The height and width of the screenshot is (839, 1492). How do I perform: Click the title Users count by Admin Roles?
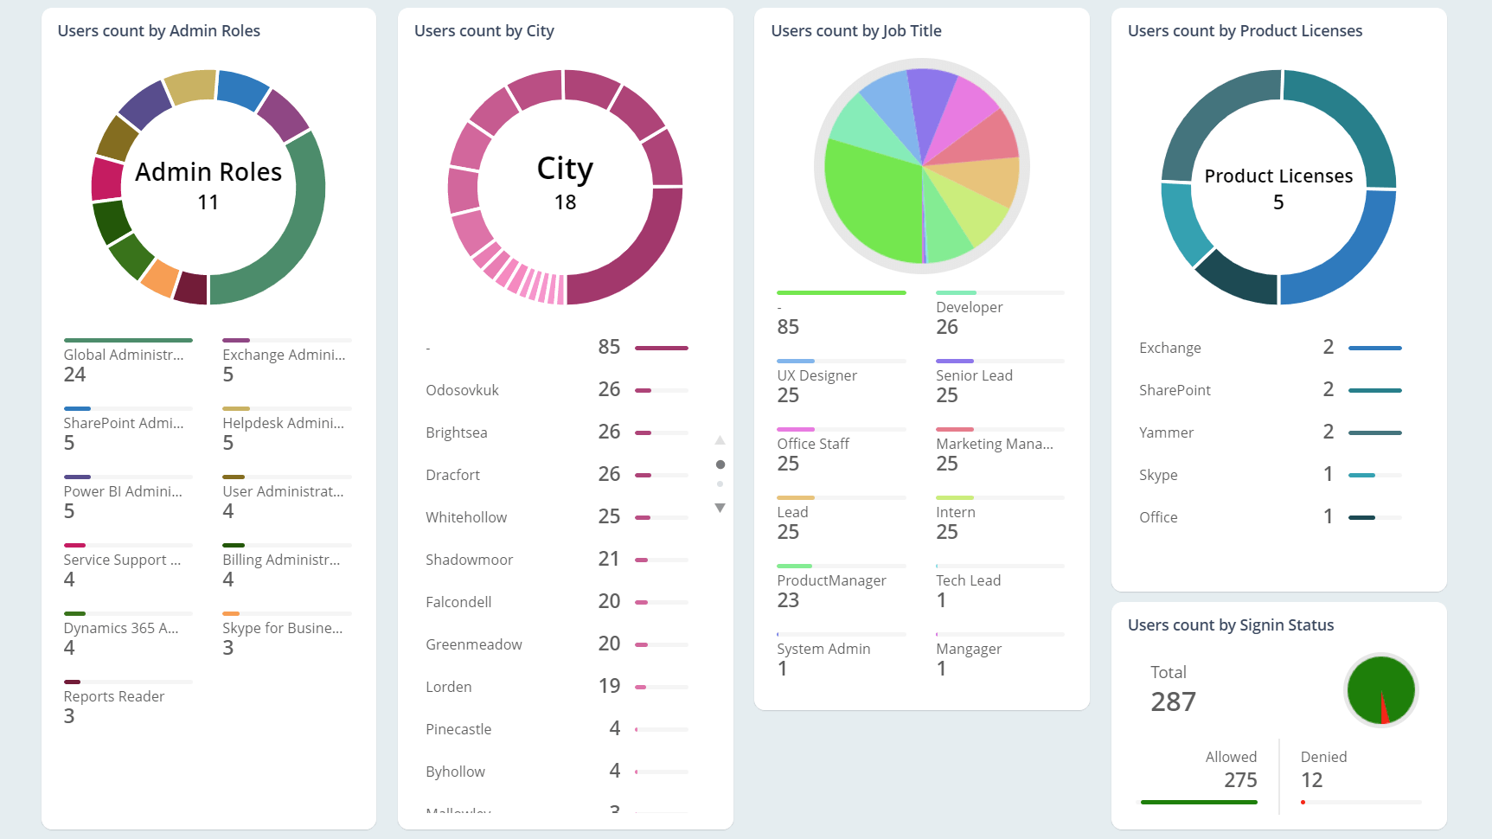tap(158, 31)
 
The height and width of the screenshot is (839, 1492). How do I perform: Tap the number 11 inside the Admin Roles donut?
tap(208, 202)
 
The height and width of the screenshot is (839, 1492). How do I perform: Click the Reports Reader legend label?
tap(113, 696)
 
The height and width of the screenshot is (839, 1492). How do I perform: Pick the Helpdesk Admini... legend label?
tap(283, 423)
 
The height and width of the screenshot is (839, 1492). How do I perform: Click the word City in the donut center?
tap(565, 168)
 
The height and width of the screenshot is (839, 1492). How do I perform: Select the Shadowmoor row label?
tap(469, 560)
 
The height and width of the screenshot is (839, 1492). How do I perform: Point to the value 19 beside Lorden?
tap(609, 686)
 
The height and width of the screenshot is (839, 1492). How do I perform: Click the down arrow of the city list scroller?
tap(720, 508)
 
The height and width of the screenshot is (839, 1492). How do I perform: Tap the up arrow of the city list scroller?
tap(720, 440)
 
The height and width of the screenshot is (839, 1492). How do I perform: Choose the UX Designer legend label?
tap(816, 375)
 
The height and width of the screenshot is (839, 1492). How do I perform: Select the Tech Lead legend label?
tap(968, 580)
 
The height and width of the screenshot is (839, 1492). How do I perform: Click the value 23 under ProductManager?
tap(787, 600)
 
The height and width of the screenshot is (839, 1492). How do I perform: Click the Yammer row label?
tap(1166, 432)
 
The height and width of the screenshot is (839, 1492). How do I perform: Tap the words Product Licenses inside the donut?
tap(1278, 176)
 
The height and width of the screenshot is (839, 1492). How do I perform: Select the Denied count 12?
tap(1311, 780)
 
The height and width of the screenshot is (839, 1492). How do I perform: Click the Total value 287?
tap(1173, 701)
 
